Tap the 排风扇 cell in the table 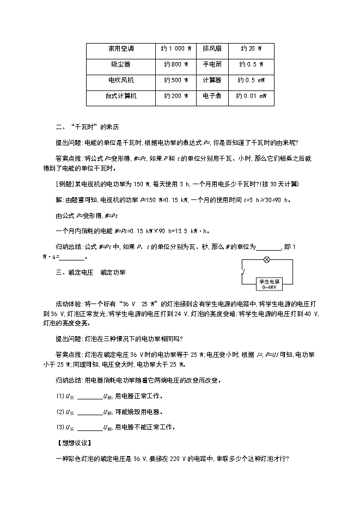[212, 48]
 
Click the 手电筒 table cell [212, 64]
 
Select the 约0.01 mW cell [251, 96]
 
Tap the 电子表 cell [212, 96]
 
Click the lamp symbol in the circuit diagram [266, 260]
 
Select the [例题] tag [66, 184]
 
